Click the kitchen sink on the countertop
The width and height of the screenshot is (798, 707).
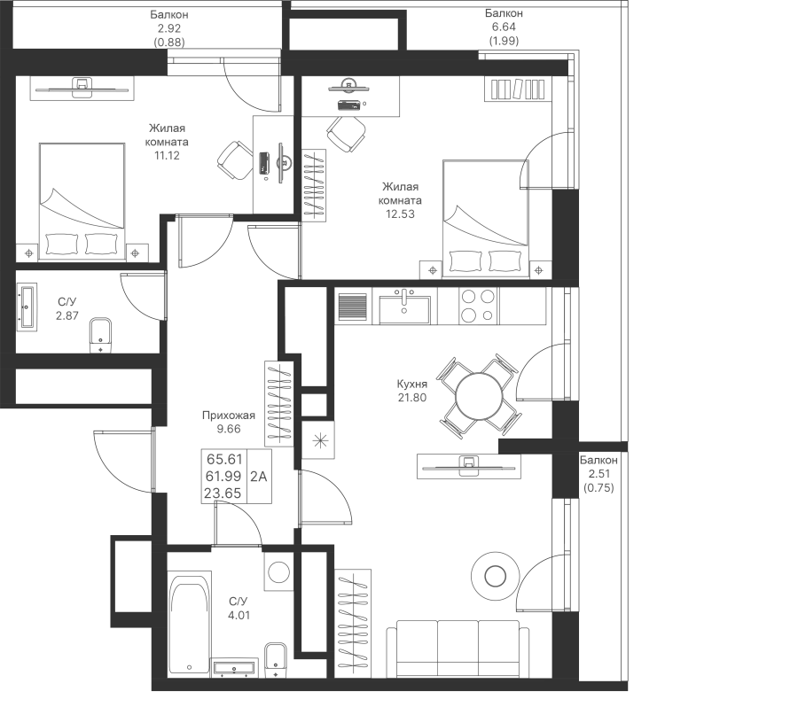click(404, 307)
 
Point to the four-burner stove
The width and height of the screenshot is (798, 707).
click(478, 307)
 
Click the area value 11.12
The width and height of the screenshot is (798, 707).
click(167, 156)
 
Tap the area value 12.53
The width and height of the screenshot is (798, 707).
click(400, 214)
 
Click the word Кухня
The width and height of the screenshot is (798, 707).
click(411, 384)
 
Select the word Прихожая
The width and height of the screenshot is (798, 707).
click(229, 416)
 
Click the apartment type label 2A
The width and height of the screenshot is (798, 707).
click(259, 476)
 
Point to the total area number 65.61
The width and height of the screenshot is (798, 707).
click(224, 459)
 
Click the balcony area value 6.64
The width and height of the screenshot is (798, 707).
click(504, 27)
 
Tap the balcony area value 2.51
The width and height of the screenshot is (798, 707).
click(598, 474)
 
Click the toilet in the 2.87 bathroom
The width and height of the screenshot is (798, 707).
click(101, 335)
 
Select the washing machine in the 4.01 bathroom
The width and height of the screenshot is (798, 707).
click(278, 571)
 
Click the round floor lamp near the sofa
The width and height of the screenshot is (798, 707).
click(495, 576)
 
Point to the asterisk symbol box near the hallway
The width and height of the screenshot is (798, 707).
click(318, 440)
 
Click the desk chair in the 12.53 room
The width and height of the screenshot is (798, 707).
click(346, 133)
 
